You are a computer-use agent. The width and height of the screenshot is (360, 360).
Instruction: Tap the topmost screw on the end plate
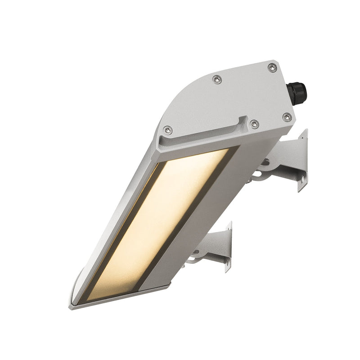[271, 67]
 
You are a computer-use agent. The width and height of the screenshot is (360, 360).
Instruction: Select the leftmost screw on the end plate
[167, 130]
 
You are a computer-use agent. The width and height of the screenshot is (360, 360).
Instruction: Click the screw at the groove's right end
[255, 124]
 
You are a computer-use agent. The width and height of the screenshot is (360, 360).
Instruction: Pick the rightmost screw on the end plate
[286, 117]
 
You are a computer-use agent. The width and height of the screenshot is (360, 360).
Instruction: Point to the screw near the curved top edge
[217, 80]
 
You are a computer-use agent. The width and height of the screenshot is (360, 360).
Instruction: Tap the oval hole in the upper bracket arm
[265, 162]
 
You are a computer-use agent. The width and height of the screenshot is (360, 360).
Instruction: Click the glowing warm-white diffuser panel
[162, 220]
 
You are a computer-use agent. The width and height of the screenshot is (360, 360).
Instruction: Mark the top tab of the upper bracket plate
[304, 135]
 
